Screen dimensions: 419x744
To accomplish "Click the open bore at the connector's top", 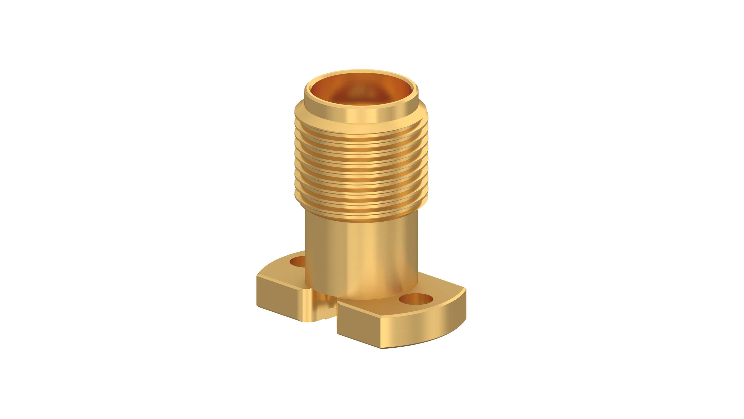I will (x=361, y=90).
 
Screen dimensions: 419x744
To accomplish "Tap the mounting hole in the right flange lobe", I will (x=416, y=299).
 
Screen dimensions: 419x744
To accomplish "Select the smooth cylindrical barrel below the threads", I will (x=361, y=255).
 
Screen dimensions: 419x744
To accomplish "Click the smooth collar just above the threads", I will (x=361, y=111).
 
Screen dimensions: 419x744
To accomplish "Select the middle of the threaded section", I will (x=361, y=168).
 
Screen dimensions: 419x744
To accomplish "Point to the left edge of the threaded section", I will (x=296, y=168).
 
